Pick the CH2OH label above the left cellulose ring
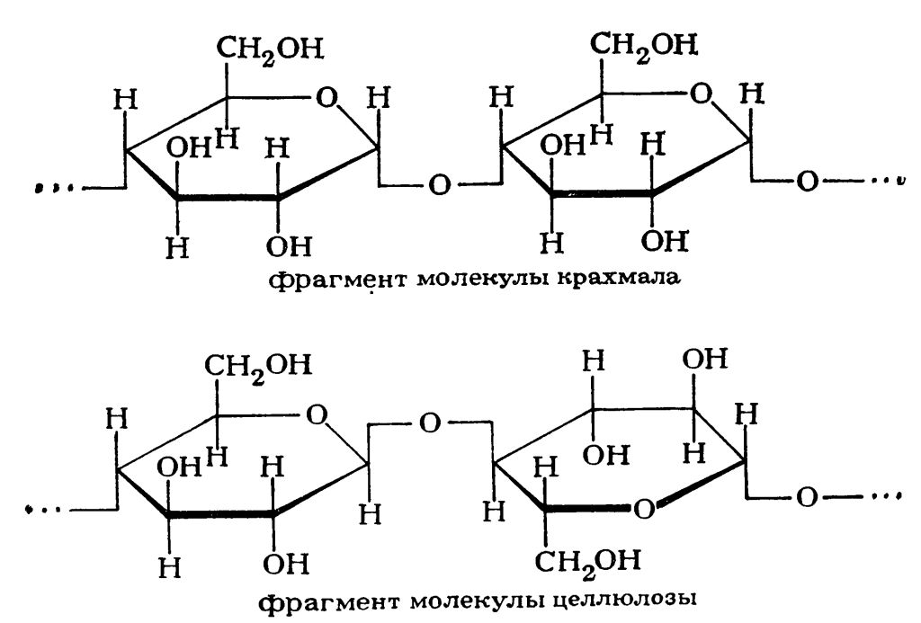tap(261, 365)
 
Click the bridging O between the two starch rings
tap(439, 185)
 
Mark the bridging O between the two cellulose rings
tap(429, 421)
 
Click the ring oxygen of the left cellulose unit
tap(316, 414)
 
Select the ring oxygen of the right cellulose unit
tap(642, 510)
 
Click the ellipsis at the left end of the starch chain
tap(48, 188)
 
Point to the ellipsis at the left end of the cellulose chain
tap(40, 510)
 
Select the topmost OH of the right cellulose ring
tap(702, 360)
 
